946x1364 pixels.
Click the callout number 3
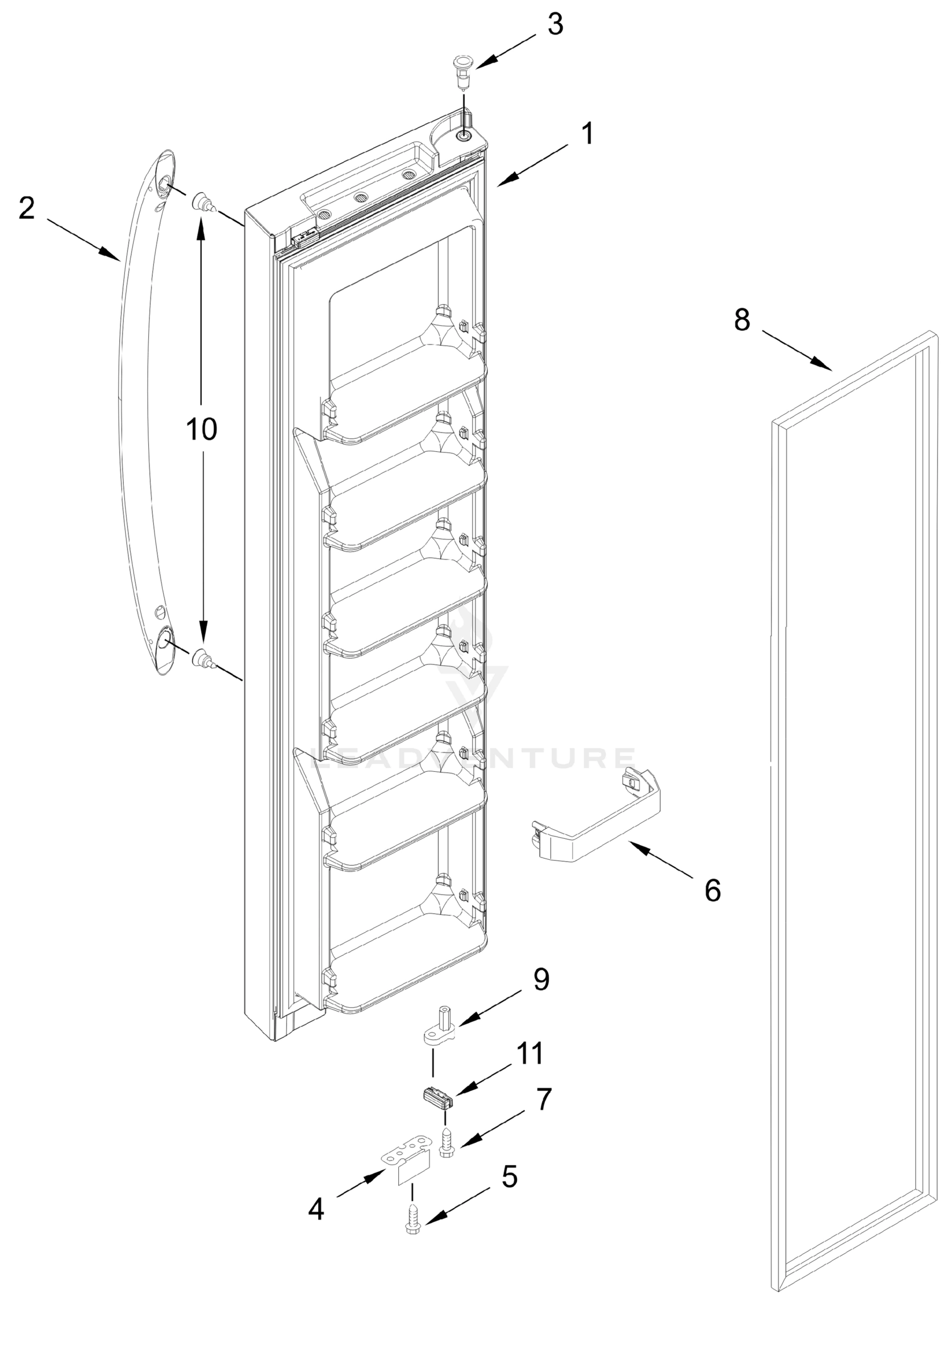555,25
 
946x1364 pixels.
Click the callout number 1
586,134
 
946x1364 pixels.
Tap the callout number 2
27,209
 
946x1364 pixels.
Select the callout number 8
742,320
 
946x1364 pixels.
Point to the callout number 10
202,429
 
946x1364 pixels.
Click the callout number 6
712,891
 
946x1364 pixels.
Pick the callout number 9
541,979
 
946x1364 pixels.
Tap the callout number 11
530,1053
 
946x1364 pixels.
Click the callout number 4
316,1209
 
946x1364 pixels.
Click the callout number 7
544,1099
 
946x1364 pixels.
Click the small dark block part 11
437,1096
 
